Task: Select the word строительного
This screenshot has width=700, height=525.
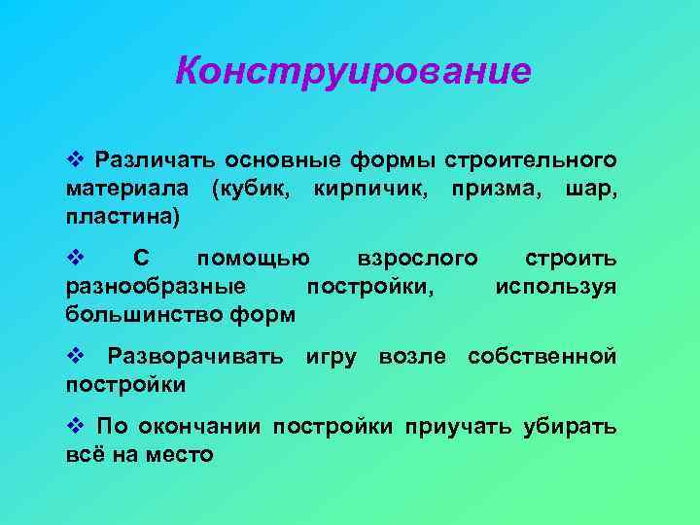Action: [x=531, y=158]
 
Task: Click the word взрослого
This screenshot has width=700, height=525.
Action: [x=417, y=259]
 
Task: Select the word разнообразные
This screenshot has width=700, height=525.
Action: [x=155, y=287]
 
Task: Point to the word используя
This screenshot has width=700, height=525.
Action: [x=555, y=287]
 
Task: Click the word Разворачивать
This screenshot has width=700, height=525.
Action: [x=195, y=357]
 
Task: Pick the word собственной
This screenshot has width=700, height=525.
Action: [x=542, y=357]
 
